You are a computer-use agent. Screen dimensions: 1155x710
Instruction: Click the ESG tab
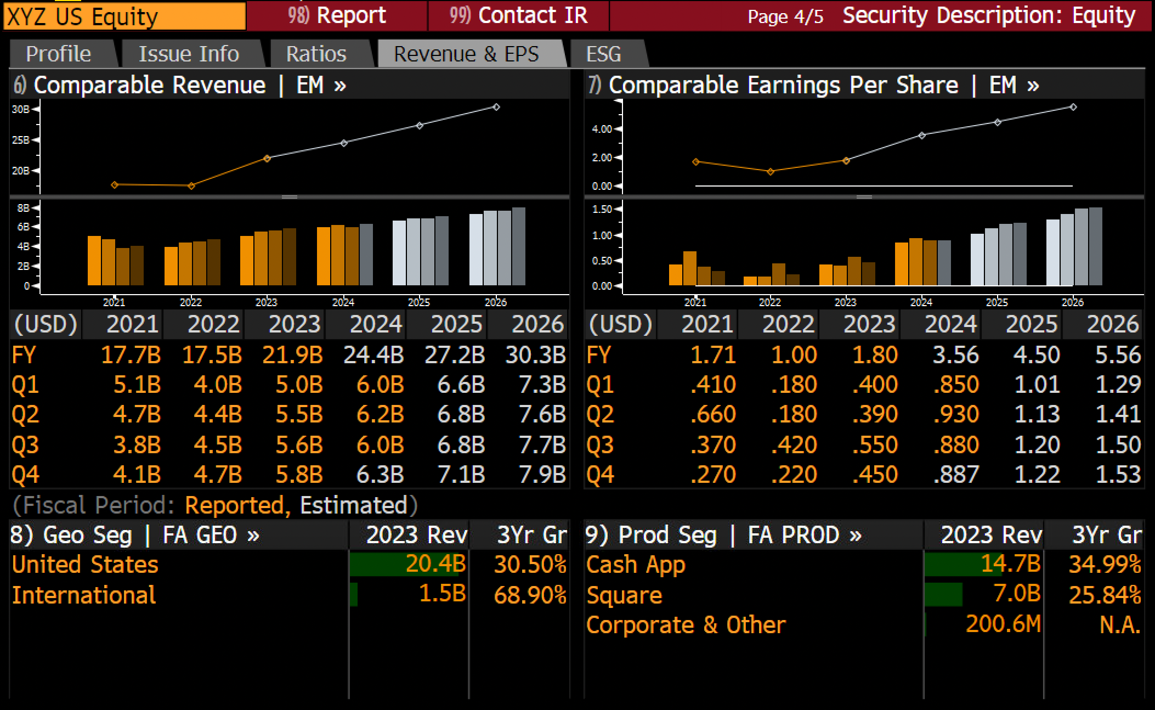tap(604, 54)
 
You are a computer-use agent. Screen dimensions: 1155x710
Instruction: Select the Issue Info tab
tap(189, 54)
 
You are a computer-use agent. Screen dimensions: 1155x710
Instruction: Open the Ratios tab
tap(316, 54)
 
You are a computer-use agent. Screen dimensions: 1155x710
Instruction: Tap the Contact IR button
tap(518, 15)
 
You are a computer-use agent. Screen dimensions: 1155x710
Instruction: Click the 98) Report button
tap(337, 15)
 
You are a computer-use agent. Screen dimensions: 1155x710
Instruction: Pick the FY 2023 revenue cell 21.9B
tap(292, 355)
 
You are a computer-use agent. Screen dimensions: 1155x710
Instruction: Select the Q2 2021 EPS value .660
tap(713, 414)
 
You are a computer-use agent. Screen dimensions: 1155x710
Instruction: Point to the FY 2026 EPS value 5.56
tap(1118, 355)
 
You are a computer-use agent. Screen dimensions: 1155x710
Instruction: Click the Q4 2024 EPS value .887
tap(956, 475)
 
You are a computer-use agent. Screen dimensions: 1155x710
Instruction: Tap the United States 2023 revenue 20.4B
tap(435, 564)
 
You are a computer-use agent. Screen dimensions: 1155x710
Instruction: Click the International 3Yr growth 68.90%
tap(530, 595)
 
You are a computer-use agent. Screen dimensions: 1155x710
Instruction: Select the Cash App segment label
tap(636, 565)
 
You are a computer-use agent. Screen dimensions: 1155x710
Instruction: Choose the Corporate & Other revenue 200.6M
tap(1003, 624)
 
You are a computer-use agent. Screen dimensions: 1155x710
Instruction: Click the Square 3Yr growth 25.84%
tap(1105, 595)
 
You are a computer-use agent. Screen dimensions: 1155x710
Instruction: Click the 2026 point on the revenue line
tap(496, 107)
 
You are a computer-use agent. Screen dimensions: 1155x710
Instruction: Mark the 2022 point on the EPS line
tap(771, 172)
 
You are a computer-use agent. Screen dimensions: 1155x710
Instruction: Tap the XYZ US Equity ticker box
tap(124, 16)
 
